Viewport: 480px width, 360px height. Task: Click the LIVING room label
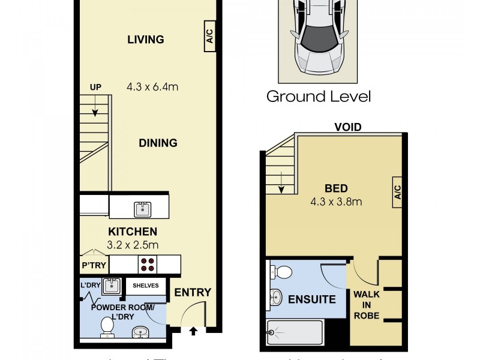coord(146,40)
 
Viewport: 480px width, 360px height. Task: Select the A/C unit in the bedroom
coord(397,193)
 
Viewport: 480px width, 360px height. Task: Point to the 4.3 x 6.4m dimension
coord(152,86)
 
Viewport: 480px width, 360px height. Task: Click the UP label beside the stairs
coord(95,87)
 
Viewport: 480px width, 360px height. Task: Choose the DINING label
coord(158,143)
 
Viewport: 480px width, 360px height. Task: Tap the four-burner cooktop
coord(147,264)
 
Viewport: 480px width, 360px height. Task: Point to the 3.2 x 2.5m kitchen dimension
coord(133,244)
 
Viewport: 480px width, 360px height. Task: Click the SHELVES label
coord(146,286)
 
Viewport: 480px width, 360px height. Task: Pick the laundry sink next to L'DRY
coord(110,286)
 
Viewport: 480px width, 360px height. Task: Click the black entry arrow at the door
coord(193,331)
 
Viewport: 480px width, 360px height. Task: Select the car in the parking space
coord(317,35)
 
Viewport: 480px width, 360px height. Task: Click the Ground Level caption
coord(319,96)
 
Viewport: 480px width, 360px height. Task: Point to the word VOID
coord(347,127)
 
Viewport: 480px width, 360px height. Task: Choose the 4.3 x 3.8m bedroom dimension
coord(336,202)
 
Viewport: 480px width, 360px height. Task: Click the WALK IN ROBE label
coord(366,305)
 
